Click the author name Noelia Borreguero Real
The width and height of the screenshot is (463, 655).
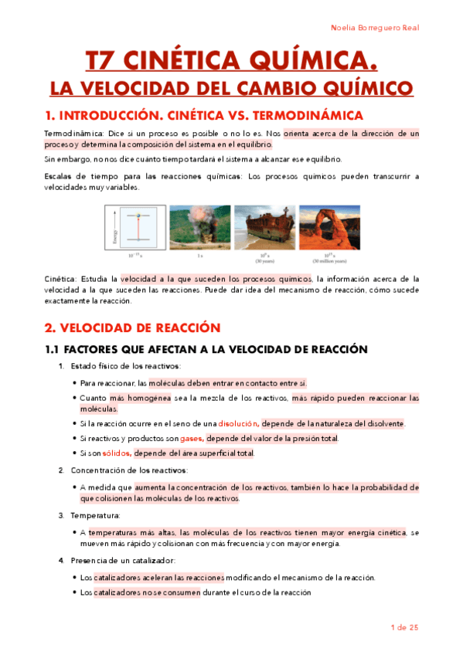point(374,28)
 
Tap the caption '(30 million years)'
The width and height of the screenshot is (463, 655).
point(329,261)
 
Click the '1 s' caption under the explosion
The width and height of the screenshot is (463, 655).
point(199,256)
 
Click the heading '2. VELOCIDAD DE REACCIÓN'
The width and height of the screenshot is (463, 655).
point(132,327)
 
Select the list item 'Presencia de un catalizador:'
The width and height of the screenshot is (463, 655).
point(122,560)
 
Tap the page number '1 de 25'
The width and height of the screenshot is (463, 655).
point(404,627)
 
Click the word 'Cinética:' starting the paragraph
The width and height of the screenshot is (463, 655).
point(59,279)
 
